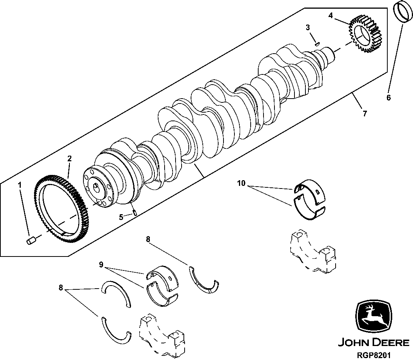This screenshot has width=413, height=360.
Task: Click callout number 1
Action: pos(20,185)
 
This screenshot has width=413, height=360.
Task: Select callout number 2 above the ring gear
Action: pos(69,158)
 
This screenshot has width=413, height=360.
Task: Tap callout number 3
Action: pos(308,27)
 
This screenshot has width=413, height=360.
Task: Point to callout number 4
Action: pos(331,15)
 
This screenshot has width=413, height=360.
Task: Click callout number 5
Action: pos(121,217)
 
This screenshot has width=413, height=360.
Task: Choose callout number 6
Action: pos(388,97)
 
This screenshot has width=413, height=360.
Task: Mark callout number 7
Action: pos(364,113)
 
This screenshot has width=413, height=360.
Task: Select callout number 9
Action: pos(101,265)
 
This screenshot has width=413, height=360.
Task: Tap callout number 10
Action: pos(241,184)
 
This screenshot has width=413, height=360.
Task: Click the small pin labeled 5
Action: pos(134,212)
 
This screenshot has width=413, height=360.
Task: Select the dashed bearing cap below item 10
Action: pos(312,251)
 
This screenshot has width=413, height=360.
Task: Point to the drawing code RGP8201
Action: pos(373,355)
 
